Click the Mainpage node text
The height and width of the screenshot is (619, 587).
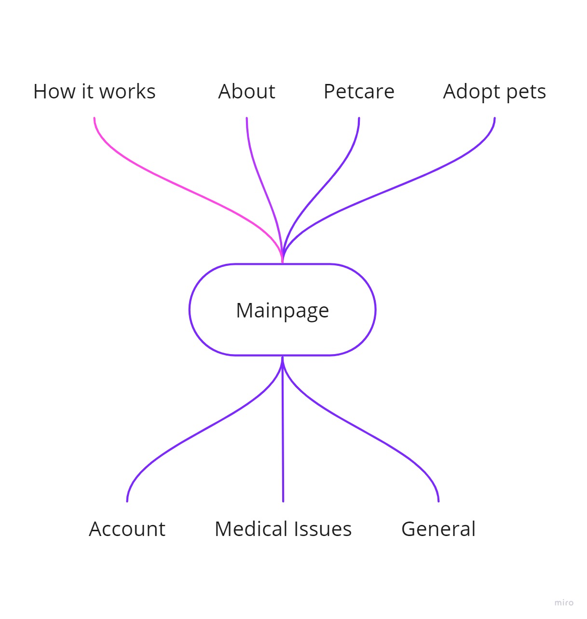pos(282,311)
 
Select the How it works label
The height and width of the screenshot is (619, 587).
pos(95,92)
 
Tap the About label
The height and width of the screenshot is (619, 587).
pos(246,92)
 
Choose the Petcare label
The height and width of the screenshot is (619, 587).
pos(359,92)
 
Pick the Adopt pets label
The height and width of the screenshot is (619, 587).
pos(494,92)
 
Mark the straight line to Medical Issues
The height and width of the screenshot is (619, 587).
pos(283,429)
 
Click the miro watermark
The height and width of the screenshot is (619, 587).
pos(564,603)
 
